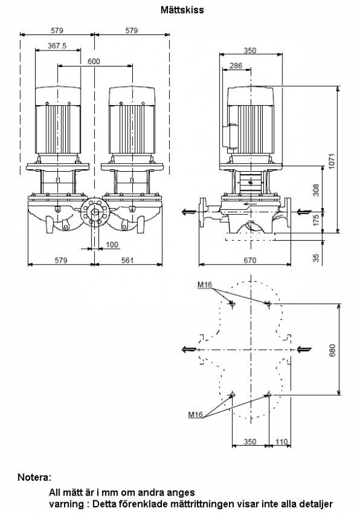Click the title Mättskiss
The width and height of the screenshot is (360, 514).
click(x=182, y=10)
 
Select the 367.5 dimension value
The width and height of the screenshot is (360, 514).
click(x=57, y=46)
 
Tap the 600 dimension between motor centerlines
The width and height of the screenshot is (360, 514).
click(x=94, y=62)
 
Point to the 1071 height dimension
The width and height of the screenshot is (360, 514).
click(x=332, y=161)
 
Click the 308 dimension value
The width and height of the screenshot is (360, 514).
click(x=316, y=190)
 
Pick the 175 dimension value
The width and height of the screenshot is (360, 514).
click(x=316, y=220)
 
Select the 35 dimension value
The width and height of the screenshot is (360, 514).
click(x=316, y=258)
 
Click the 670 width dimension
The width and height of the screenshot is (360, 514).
click(x=250, y=260)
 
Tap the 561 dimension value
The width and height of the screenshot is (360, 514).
click(x=127, y=260)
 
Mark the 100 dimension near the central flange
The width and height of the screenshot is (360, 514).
click(x=112, y=244)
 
